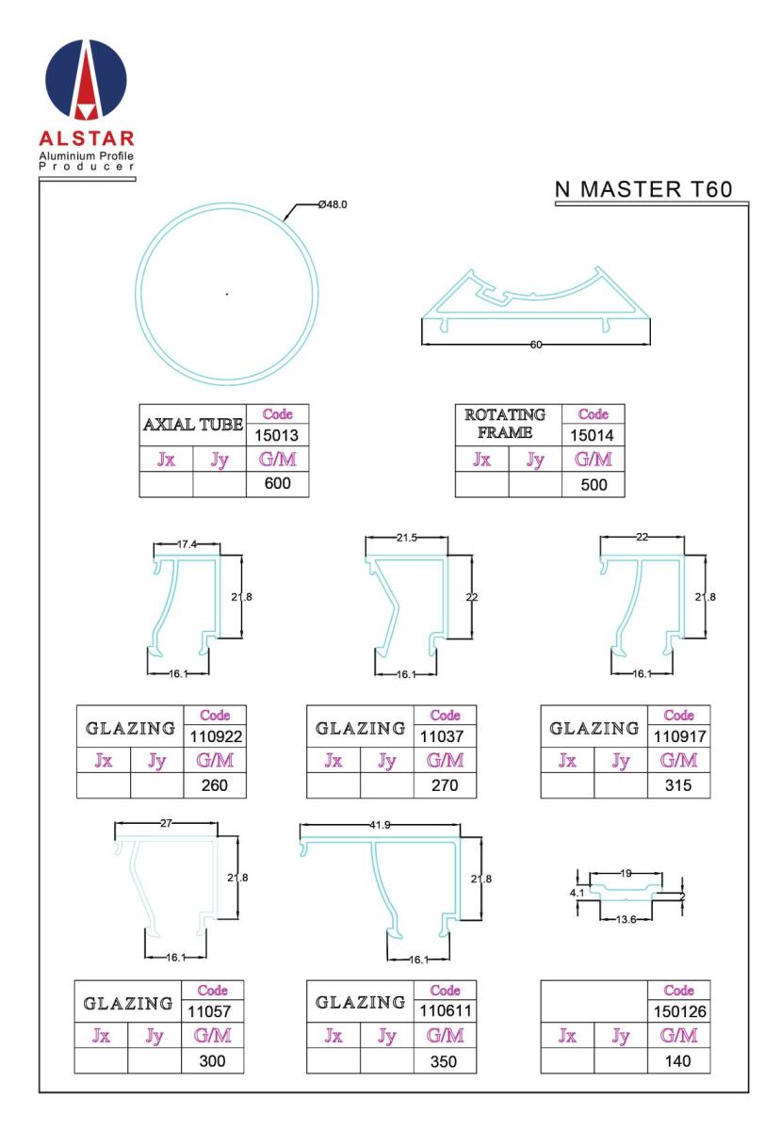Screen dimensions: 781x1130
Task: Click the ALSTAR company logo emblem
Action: [x=86, y=80]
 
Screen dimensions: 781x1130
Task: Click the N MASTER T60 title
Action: [x=643, y=189]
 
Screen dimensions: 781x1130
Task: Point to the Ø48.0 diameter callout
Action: [x=333, y=204]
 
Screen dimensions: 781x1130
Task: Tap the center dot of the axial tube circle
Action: [x=227, y=294]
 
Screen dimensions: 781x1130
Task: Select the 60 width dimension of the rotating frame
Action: [x=536, y=345]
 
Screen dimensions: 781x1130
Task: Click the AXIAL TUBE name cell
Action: [x=193, y=425]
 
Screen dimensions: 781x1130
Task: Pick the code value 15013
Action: [x=276, y=435]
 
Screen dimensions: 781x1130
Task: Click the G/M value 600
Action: [x=277, y=483]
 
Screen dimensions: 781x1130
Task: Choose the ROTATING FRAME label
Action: [x=505, y=423]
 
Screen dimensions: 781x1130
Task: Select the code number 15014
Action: [x=592, y=435]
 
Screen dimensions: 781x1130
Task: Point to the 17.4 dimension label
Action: [x=187, y=544]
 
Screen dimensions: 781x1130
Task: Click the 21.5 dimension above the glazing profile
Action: [x=406, y=538]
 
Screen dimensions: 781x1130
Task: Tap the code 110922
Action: [x=216, y=737]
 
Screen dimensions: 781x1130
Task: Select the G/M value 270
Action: [x=445, y=785]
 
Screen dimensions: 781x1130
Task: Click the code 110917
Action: [x=679, y=737]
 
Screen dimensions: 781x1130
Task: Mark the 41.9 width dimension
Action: [x=380, y=825]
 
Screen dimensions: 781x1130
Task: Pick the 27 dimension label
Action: [x=166, y=823]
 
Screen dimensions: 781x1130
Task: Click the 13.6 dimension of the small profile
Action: [x=626, y=920]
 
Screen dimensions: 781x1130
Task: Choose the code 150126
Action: [x=679, y=1011]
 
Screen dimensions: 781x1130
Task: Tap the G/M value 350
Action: [x=443, y=1061]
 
